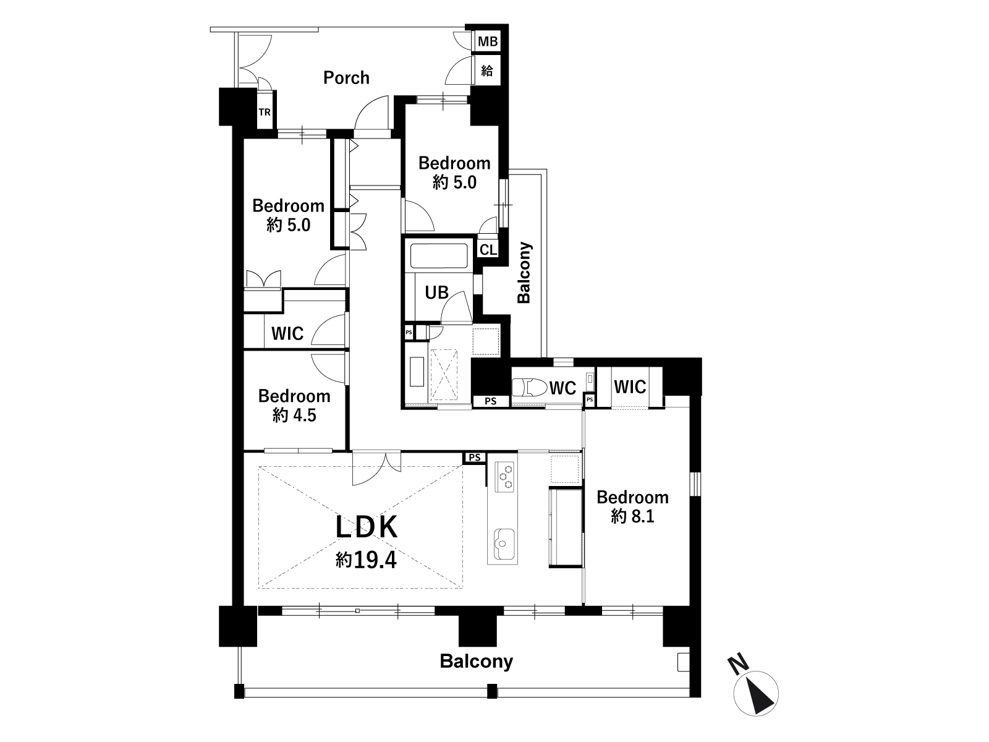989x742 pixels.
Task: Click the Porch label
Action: [346, 78]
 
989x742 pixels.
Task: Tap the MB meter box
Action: [488, 41]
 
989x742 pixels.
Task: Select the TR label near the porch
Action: [265, 112]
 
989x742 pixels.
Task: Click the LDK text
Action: [367, 527]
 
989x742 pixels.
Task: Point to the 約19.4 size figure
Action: [366, 560]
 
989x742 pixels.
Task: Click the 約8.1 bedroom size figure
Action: [632, 516]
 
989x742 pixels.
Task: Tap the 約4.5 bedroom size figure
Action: [294, 415]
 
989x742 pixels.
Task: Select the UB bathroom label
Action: [436, 293]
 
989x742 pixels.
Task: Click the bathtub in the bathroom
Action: [439, 255]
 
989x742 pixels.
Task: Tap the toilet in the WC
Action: [529, 387]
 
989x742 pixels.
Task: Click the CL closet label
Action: [488, 250]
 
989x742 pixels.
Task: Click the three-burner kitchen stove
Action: [504, 477]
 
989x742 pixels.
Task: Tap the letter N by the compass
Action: [739, 666]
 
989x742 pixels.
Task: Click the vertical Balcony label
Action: [524, 273]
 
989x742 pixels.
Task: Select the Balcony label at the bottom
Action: [476, 662]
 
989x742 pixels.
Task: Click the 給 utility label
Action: [487, 70]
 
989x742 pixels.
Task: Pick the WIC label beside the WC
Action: [630, 386]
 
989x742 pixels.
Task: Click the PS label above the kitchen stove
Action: [475, 458]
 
